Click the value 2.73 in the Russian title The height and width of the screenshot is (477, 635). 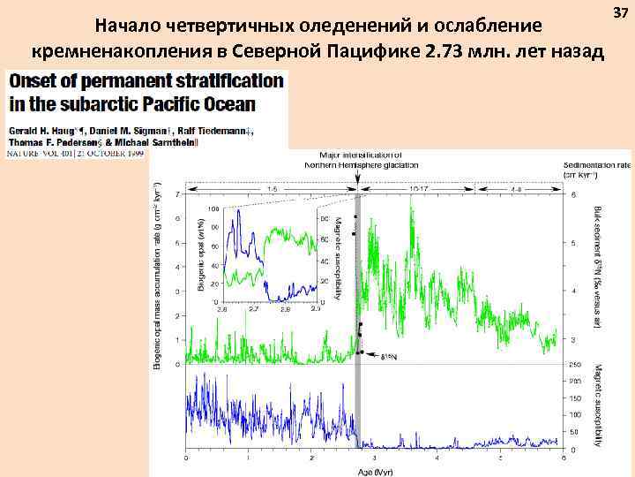441,51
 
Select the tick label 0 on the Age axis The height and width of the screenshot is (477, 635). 185,458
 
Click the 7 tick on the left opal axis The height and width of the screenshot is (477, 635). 179,194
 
